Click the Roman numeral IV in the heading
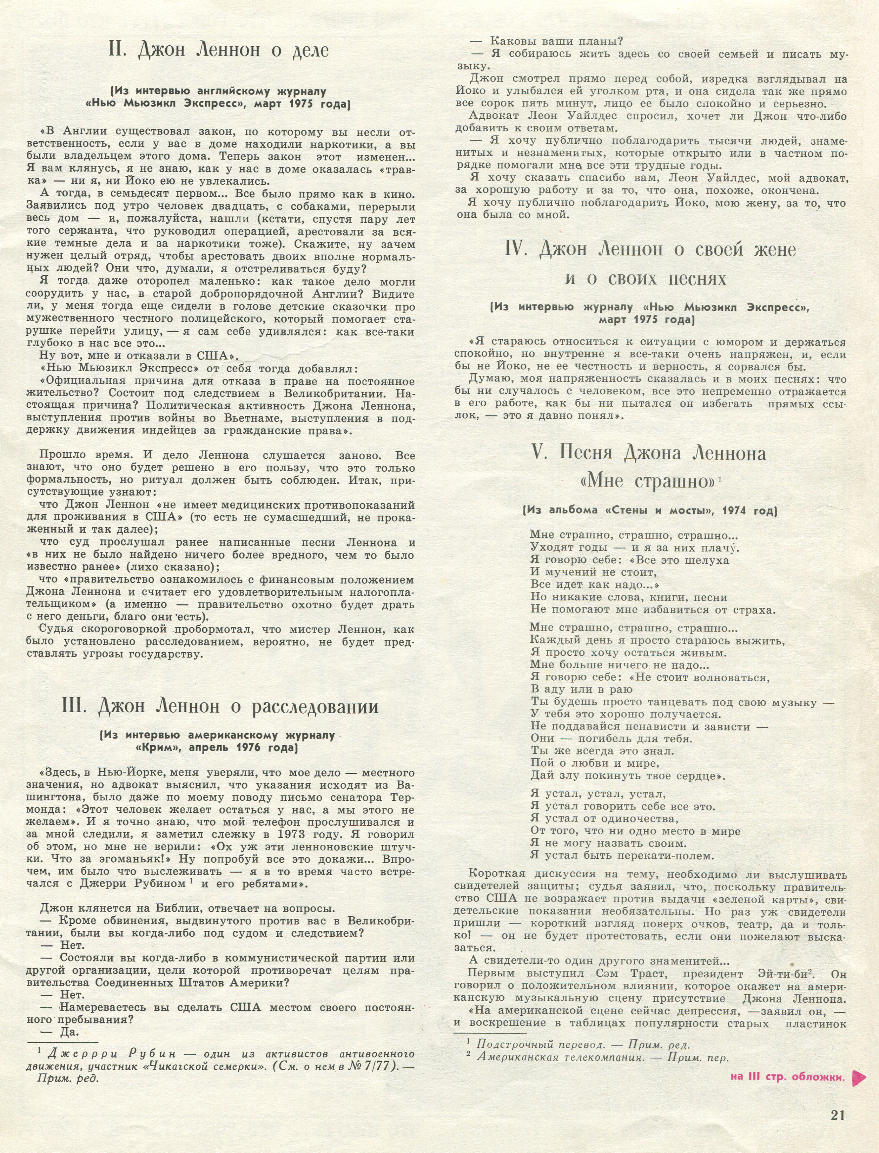(x=517, y=249)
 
